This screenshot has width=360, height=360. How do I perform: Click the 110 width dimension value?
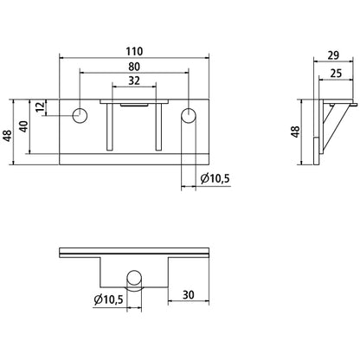point(134,52)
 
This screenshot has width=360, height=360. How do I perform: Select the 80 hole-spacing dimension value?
point(134,67)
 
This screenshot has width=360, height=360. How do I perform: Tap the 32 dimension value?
point(134,80)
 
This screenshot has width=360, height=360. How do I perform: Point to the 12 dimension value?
point(41,106)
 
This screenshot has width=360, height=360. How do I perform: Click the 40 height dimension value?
point(23,126)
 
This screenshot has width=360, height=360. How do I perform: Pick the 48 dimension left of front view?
point(8,136)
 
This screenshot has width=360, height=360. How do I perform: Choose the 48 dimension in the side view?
point(295,132)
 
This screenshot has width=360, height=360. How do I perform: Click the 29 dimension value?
point(333,55)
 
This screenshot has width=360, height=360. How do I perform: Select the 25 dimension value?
point(336,74)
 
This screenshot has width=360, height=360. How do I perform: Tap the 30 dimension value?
point(189,295)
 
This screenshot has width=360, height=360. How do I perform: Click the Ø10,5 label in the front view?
point(215,179)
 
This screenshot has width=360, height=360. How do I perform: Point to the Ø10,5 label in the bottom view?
point(108,300)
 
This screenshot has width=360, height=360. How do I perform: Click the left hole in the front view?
point(80,116)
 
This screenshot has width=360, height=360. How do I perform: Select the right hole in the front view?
point(189,115)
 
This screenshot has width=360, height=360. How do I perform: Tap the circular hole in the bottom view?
point(134,278)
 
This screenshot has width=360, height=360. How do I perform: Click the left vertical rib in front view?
point(110,127)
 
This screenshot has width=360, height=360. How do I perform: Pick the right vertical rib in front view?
point(158,127)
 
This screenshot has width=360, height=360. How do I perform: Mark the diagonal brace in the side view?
point(335,128)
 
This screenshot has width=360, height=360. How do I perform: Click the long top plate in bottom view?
point(134,253)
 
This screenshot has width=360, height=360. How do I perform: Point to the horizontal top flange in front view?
point(134,101)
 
